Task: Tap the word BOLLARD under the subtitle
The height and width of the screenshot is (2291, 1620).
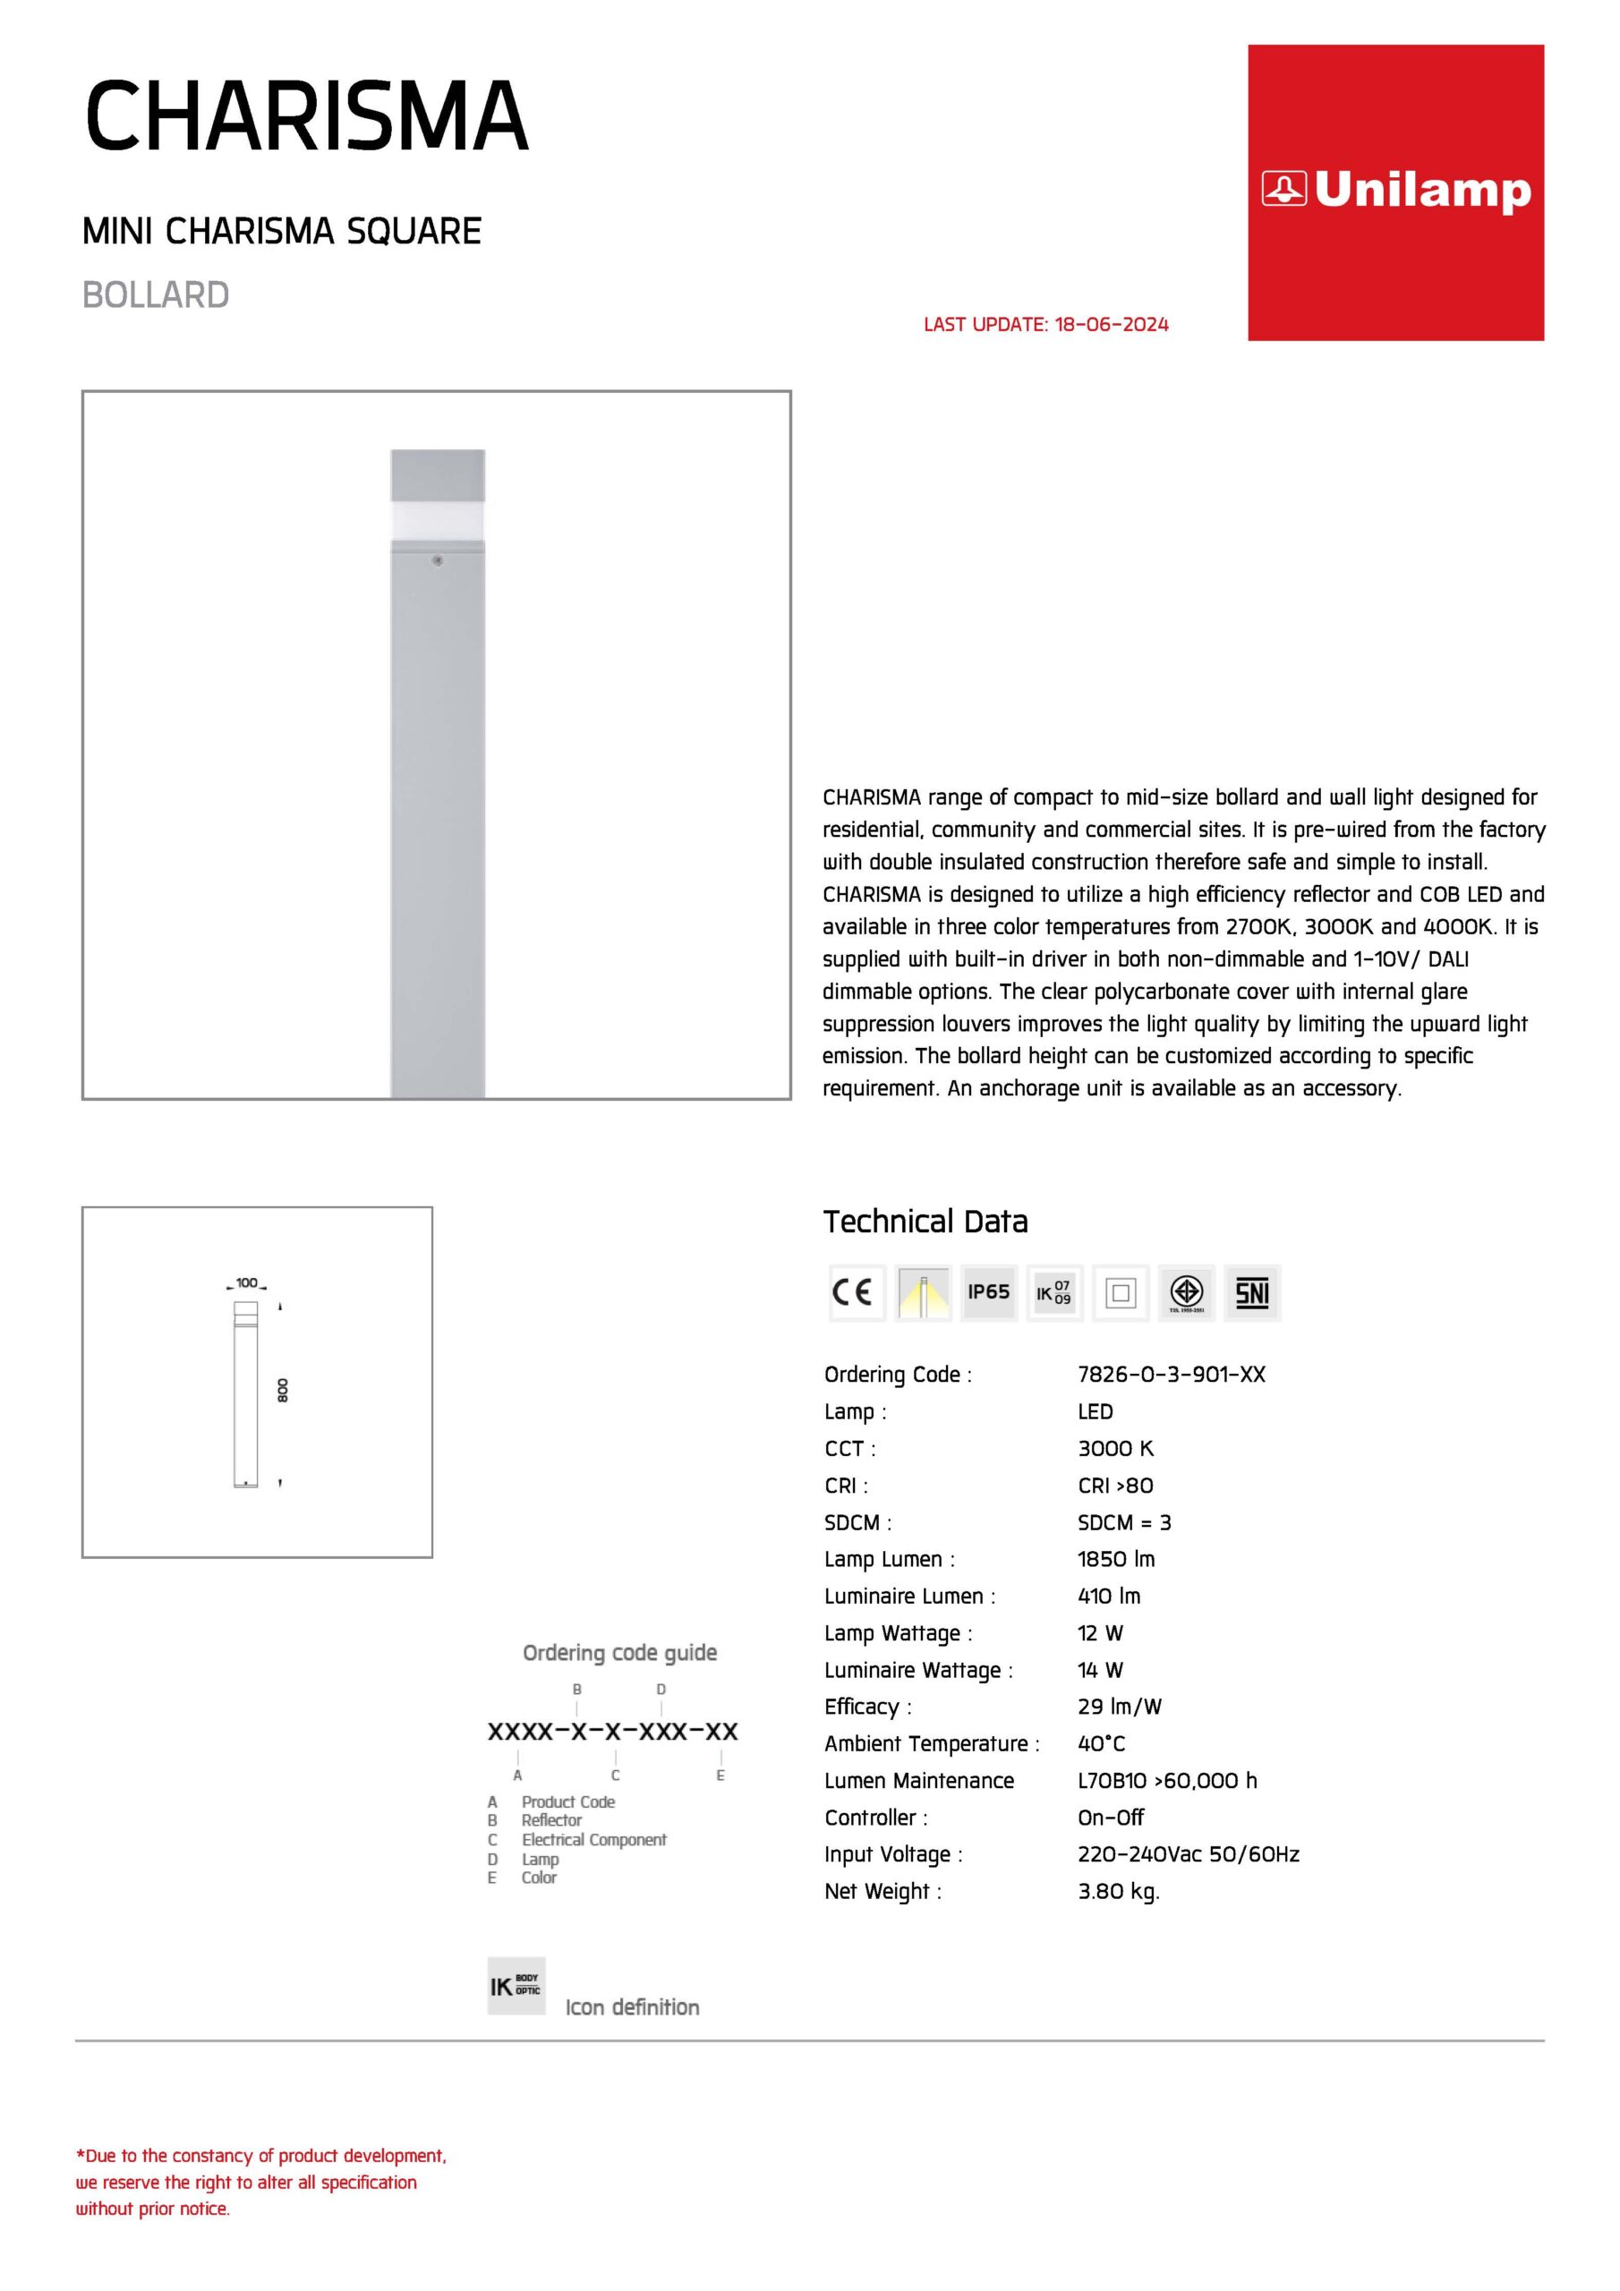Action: point(156,295)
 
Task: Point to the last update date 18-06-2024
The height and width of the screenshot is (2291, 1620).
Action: point(1111,324)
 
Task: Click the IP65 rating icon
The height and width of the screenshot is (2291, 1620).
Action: point(988,1292)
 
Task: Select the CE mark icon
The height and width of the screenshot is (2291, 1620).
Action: point(856,1292)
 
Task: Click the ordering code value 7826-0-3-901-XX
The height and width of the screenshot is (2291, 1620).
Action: point(1171,1374)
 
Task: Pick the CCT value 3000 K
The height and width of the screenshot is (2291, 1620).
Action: point(1115,1448)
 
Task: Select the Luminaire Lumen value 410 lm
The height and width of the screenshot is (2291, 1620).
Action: point(1108,1596)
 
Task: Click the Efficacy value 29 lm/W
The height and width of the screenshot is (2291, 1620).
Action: point(1119,1707)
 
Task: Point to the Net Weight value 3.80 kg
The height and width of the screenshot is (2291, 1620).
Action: point(1118,1891)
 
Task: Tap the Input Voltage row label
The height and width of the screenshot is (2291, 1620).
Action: point(892,1854)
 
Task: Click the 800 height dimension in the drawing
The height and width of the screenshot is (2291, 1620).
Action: point(283,1390)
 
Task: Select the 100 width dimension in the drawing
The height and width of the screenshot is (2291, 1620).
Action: point(246,1282)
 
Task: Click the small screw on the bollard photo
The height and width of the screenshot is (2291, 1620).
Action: point(437,561)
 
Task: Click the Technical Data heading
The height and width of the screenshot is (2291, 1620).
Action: point(925,1222)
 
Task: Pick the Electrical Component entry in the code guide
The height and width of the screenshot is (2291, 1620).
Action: point(593,1839)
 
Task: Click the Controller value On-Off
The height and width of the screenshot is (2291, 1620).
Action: point(1110,1817)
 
